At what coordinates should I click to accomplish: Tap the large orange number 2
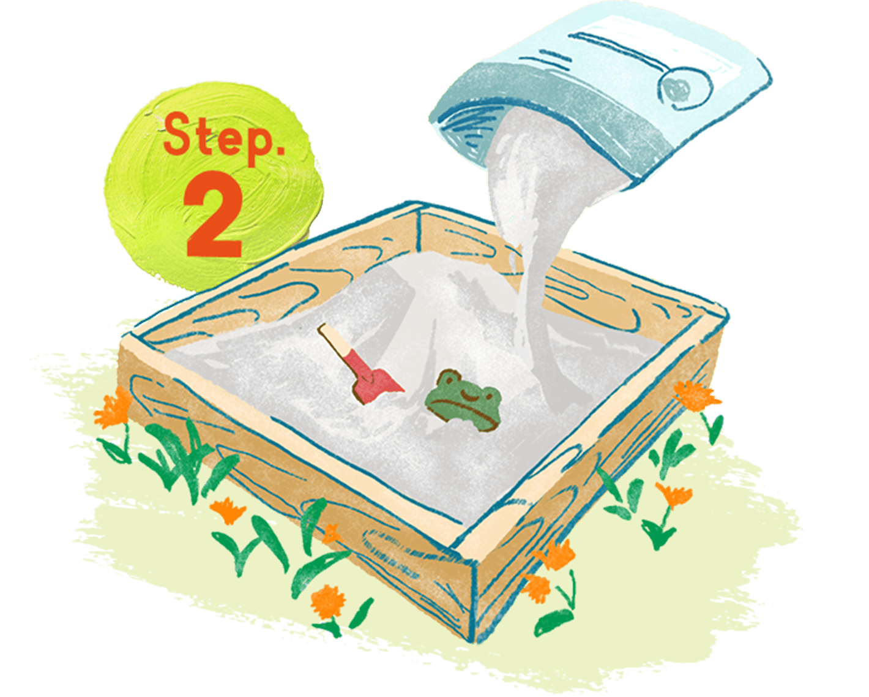point(215,214)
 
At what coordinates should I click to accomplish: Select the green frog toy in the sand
point(464,400)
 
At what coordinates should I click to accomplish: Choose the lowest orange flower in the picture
point(328,602)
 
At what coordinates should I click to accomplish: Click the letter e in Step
point(223,140)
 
